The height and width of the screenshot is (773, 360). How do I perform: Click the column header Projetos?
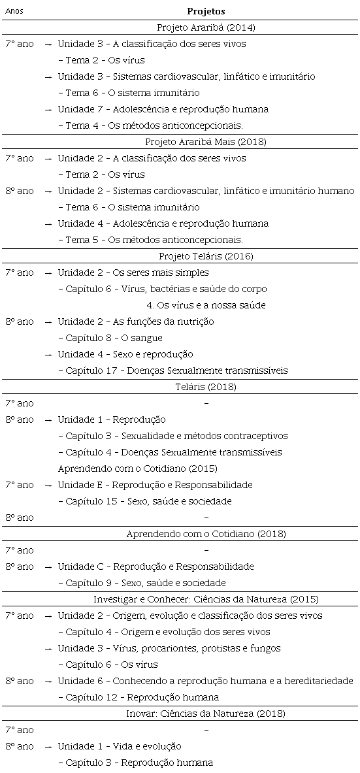click(206, 11)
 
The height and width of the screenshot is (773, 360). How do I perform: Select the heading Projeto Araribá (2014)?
click(206, 27)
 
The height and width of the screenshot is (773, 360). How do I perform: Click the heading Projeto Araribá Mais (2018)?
click(206, 142)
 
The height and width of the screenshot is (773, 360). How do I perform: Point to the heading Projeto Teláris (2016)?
click(206, 256)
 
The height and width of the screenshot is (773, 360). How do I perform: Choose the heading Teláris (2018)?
click(206, 387)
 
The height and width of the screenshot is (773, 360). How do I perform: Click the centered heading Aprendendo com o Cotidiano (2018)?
click(206, 534)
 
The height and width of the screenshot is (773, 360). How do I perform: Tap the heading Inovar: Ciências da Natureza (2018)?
click(206, 714)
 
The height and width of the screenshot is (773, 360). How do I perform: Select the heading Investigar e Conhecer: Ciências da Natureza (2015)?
click(206, 599)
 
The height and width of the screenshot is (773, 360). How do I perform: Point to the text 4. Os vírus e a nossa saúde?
click(206, 305)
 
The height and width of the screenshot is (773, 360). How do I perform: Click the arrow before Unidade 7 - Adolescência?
click(48, 109)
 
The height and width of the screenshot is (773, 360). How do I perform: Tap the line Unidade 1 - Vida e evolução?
click(119, 746)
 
